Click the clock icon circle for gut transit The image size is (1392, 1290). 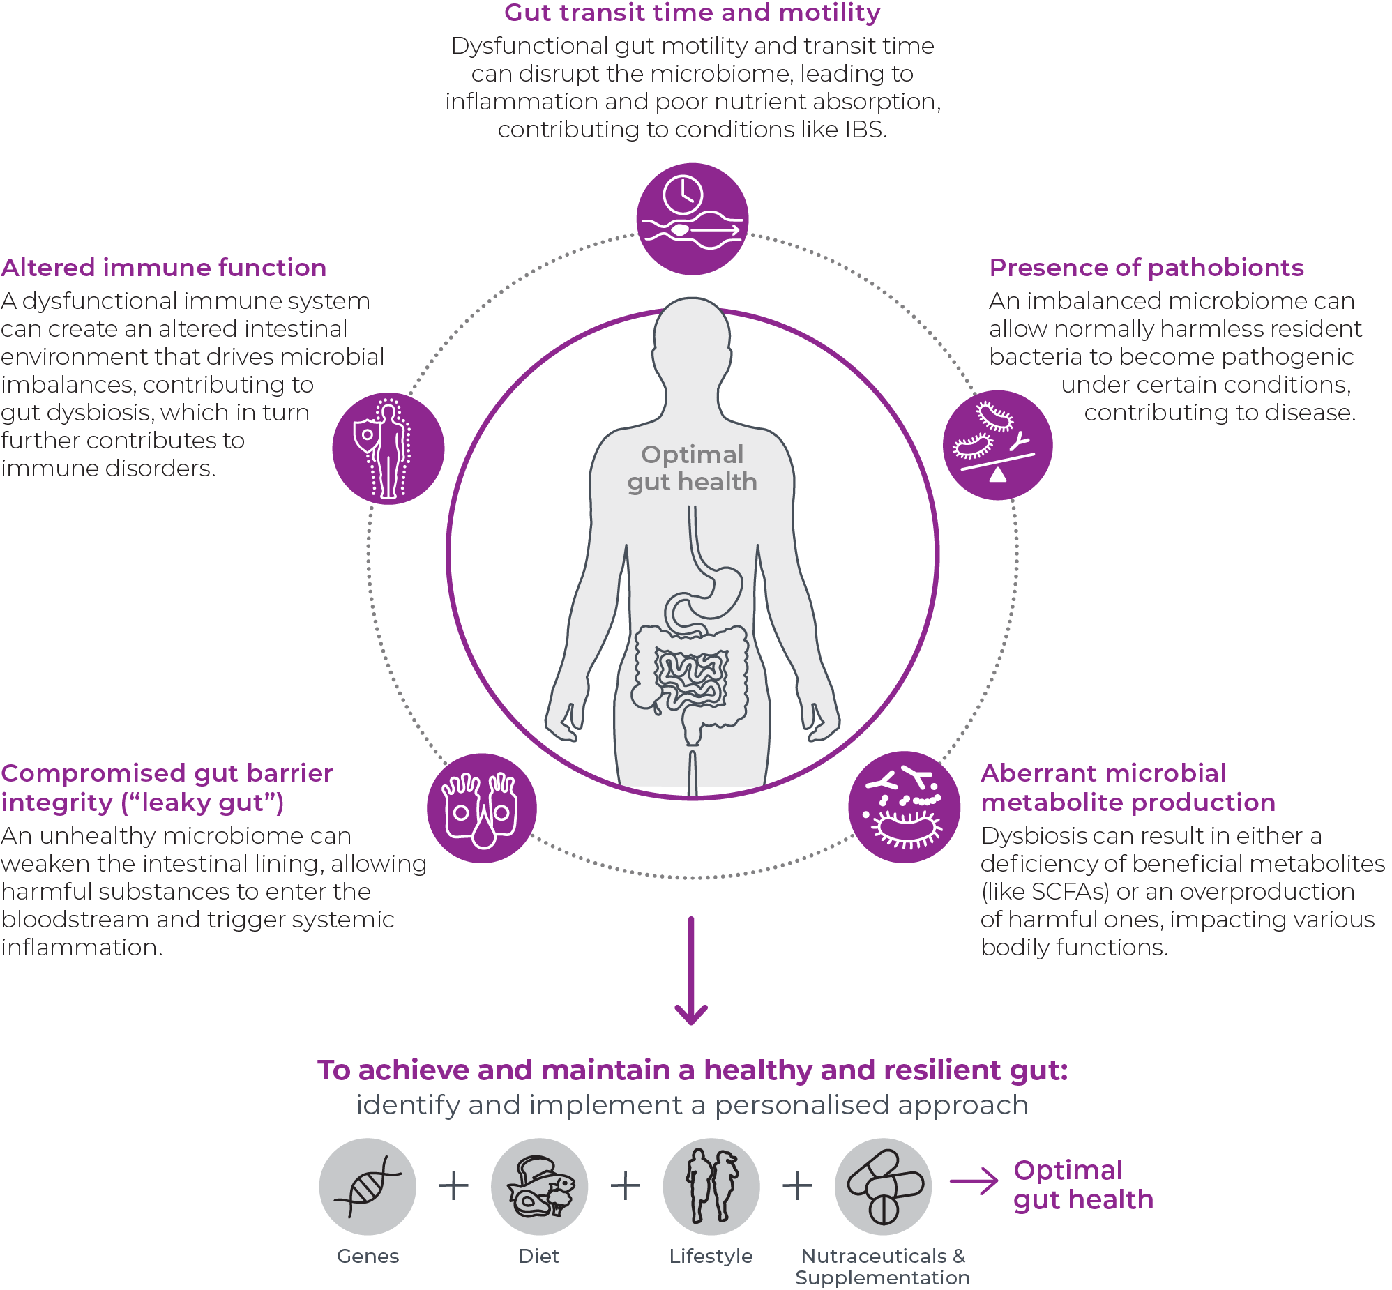[692, 218]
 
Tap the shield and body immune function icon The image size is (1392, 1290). [388, 448]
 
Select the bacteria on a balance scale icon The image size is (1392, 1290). [997, 445]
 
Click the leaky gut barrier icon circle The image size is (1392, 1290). [482, 807]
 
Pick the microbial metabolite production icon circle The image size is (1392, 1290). [904, 807]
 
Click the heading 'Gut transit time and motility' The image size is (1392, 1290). [692, 13]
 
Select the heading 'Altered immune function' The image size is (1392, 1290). [163, 267]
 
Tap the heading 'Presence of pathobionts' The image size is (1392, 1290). [1147, 267]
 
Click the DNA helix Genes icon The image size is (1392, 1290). [368, 1186]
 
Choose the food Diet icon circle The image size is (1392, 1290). [539, 1186]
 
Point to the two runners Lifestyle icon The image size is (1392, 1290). [711, 1186]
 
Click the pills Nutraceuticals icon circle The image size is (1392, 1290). [883, 1186]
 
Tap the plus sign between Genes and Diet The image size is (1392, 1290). [454, 1185]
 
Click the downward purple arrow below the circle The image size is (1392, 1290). [691, 971]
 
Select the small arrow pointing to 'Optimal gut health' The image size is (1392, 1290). [974, 1181]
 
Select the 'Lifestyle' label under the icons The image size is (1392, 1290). [711, 1256]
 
